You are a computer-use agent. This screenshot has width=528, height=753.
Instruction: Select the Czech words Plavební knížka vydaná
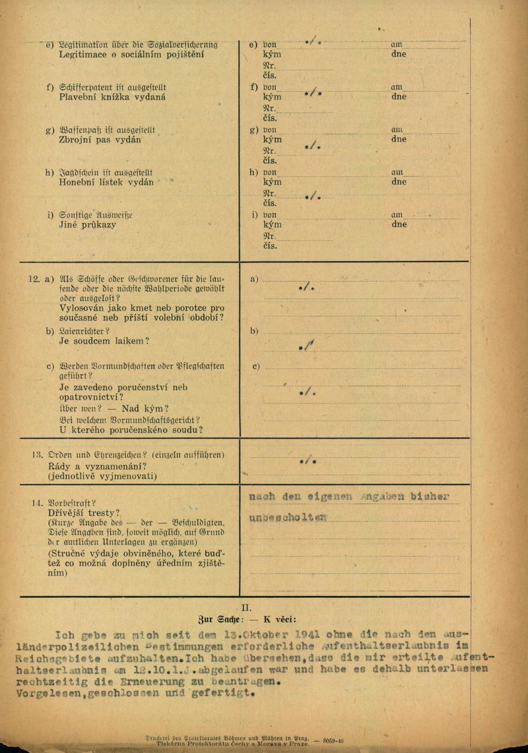tap(112, 97)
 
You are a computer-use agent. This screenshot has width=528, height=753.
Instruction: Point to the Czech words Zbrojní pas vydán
tap(100, 140)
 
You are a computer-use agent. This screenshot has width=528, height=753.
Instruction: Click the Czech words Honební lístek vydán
tap(106, 181)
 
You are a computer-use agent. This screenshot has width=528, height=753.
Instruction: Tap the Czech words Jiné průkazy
tap(87, 224)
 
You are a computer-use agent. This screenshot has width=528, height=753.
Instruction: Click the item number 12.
tap(34, 279)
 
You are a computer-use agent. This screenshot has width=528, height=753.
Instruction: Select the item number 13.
tap(37, 455)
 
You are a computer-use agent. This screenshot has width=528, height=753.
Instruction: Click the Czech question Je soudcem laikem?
tap(104, 341)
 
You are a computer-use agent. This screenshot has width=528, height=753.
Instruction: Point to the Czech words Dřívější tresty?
tap(90, 513)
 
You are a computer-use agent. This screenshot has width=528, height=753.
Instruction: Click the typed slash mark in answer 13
tap(308, 460)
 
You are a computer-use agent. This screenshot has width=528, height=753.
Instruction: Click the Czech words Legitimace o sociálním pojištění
tap(131, 54)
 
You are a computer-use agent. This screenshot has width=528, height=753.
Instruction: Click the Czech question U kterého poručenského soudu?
tap(131, 430)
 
